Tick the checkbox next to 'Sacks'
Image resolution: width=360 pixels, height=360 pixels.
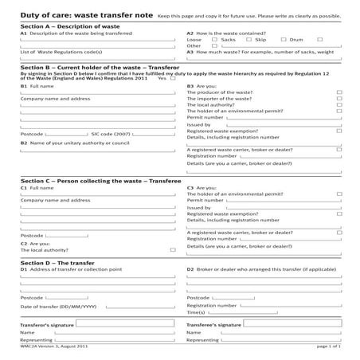pyautogui.click(x=240, y=38)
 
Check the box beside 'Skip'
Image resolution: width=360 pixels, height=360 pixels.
pyautogui.click(x=274, y=38)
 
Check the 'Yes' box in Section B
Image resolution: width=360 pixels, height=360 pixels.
pyautogui.click(x=173, y=78)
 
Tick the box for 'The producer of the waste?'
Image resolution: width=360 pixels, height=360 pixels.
pyautogui.click(x=339, y=92)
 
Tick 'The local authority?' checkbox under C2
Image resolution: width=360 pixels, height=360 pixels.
pyautogui.click(x=173, y=249)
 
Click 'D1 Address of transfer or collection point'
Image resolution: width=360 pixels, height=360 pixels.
pyautogui.click(x=71, y=269)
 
